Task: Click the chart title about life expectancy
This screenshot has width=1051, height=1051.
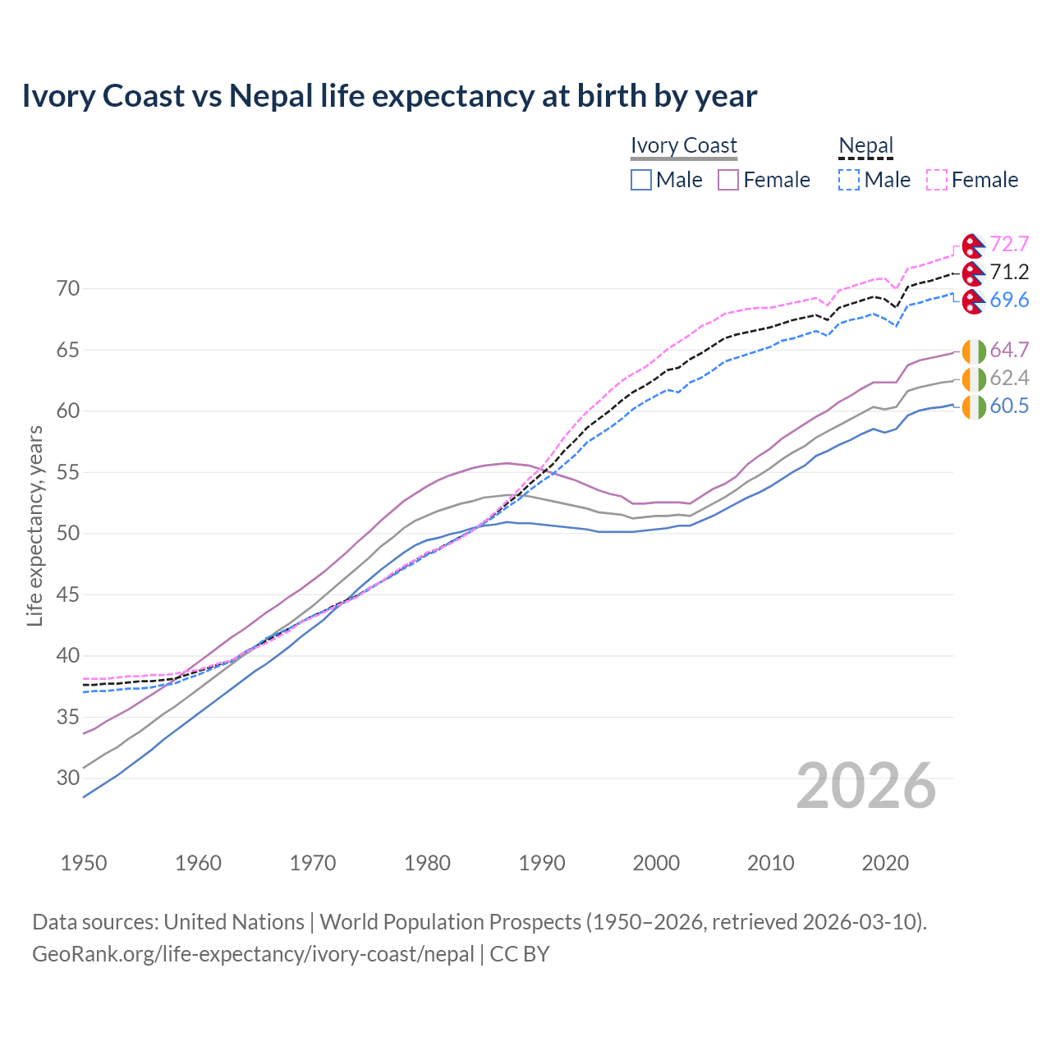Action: coord(389,96)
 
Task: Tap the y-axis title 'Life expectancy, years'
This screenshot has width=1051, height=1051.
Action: coord(34,525)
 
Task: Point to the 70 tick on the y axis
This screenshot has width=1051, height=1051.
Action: coord(68,288)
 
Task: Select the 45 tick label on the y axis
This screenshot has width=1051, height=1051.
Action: coord(68,594)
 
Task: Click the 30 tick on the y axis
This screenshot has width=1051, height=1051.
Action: coord(68,778)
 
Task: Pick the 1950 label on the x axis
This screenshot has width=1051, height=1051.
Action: coord(84,863)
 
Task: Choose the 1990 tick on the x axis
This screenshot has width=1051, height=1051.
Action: coord(542,863)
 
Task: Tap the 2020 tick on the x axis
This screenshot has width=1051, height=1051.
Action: coord(885,863)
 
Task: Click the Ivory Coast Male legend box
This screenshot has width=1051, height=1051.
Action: coord(641,180)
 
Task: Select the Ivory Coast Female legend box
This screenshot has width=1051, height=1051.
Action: coord(728,180)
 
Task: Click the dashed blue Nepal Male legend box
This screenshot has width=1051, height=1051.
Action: coord(849,180)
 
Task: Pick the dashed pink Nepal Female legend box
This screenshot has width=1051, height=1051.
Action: coord(937,180)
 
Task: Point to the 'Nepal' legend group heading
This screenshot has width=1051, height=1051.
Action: coord(865,145)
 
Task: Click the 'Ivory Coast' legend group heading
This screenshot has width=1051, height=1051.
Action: coord(684,145)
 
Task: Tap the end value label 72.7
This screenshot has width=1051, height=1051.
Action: coord(1009,245)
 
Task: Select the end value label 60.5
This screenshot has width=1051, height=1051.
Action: coord(1009,406)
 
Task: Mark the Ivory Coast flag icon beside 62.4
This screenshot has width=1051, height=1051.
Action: coord(973,379)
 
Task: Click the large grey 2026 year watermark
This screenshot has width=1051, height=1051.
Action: coord(866,786)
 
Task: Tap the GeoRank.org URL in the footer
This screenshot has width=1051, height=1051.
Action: coord(253,954)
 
